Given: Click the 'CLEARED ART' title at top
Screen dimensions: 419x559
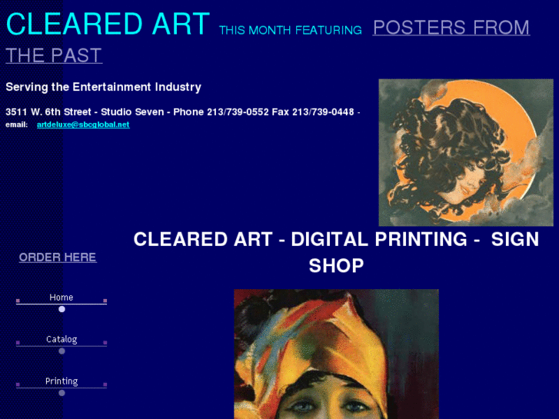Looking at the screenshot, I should pos(108,25).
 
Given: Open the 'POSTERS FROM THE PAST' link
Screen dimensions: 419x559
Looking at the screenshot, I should pos(451,28).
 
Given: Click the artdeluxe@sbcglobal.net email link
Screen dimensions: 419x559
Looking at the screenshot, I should pos(83,125).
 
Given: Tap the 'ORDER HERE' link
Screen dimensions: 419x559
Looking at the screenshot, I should pos(58,258).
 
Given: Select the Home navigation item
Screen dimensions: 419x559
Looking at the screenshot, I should pos(62,298).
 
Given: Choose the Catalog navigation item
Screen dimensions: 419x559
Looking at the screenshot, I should pos(62,339).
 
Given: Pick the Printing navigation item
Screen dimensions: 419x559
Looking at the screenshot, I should pos(62,381).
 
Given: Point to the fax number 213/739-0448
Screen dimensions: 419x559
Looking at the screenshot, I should pos(323,112).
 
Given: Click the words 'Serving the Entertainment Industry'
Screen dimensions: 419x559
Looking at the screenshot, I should pos(103,88).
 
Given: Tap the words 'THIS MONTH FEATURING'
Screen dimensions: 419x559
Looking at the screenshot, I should pos(290,31).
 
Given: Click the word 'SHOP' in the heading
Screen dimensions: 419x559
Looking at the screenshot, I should pos(336,266).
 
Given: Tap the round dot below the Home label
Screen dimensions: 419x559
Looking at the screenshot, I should pos(62,309).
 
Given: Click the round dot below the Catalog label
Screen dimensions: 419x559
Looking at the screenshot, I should pos(62,351).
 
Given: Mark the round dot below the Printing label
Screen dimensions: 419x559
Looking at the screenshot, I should pos(62,393).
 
